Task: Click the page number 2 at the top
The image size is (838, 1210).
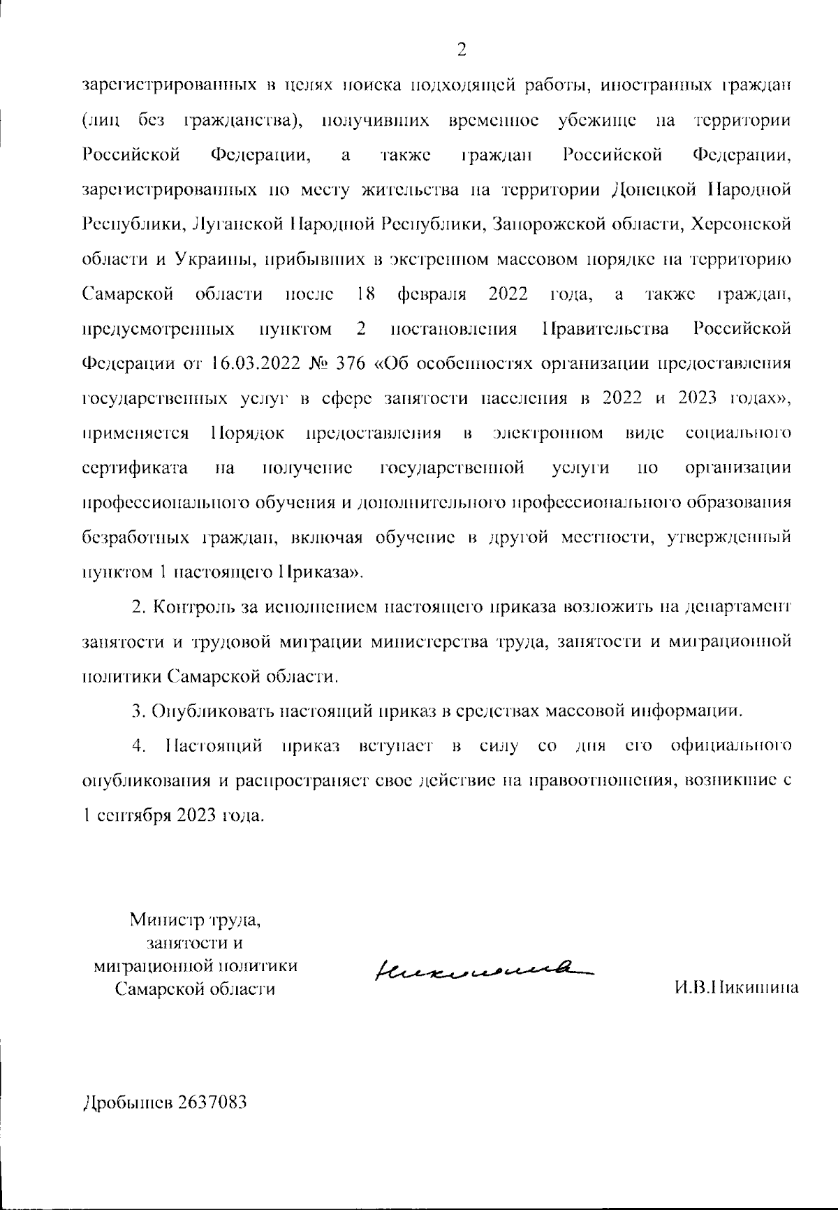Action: [461, 49]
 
